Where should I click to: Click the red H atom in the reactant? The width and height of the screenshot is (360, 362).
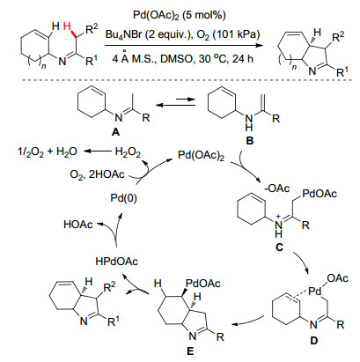[67, 27]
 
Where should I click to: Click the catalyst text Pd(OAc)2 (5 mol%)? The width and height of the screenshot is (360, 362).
[180, 15]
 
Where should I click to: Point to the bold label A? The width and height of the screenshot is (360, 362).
[116, 132]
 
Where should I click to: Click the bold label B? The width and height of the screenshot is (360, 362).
[250, 141]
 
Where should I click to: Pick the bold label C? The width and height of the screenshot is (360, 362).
[279, 247]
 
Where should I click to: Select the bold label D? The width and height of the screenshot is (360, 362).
[314, 341]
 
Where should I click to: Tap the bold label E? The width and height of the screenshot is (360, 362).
[190, 351]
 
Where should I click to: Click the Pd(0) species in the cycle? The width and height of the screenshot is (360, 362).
[123, 199]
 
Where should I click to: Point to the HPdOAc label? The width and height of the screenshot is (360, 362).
[117, 262]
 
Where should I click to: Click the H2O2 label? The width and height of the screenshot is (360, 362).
[128, 152]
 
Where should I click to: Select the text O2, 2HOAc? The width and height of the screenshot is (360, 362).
[97, 174]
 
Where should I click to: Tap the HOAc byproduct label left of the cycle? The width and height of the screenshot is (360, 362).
[78, 225]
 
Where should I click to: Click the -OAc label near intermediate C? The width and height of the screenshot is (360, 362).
[277, 188]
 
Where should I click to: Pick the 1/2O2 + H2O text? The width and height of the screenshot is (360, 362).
[48, 151]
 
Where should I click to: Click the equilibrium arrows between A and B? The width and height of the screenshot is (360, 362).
[175, 102]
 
